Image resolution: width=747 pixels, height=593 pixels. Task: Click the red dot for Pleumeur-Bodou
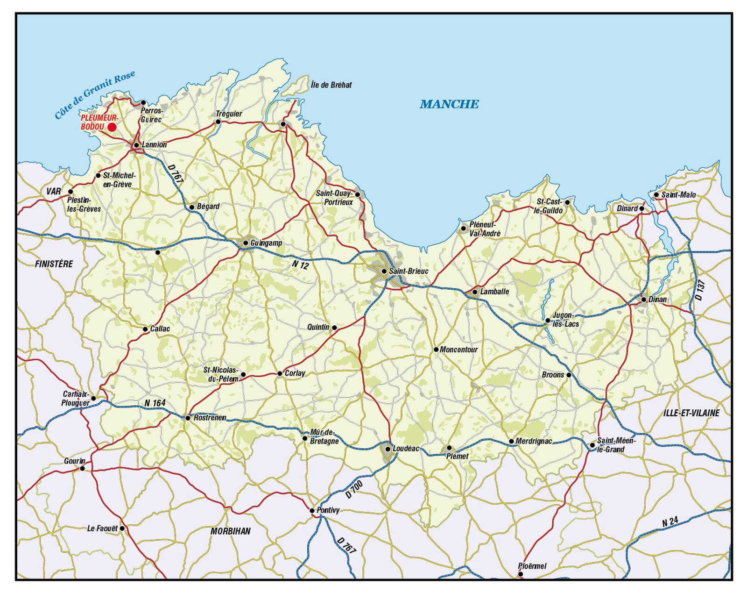pos(112,127)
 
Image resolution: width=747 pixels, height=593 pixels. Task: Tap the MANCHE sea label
pos(449,104)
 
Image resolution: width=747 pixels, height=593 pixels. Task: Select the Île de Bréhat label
pos(331,85)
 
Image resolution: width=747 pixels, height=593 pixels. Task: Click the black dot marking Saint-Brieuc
pos(384,271)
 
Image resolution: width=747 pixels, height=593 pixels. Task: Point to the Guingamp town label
pos(266,243)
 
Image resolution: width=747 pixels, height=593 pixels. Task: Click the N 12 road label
pos(301,265)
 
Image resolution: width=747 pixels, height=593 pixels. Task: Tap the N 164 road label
pos(155,403)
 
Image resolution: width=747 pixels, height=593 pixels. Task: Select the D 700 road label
pos(354,489)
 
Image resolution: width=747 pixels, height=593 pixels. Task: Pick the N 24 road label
pos(670,522)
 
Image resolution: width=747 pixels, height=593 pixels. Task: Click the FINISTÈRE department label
pos(54,264)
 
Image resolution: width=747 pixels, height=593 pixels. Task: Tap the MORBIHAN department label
pos(230,531)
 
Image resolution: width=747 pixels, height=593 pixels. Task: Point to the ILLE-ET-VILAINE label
pos(691,413)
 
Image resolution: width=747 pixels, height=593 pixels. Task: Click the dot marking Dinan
pos(644,300)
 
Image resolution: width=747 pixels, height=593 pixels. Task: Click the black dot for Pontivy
pos(312,510)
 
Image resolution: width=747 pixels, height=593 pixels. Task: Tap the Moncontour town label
pos(459,350)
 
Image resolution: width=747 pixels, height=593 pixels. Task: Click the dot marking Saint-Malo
pos(656,195)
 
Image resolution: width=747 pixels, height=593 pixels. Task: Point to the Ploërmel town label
pos(532,566)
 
